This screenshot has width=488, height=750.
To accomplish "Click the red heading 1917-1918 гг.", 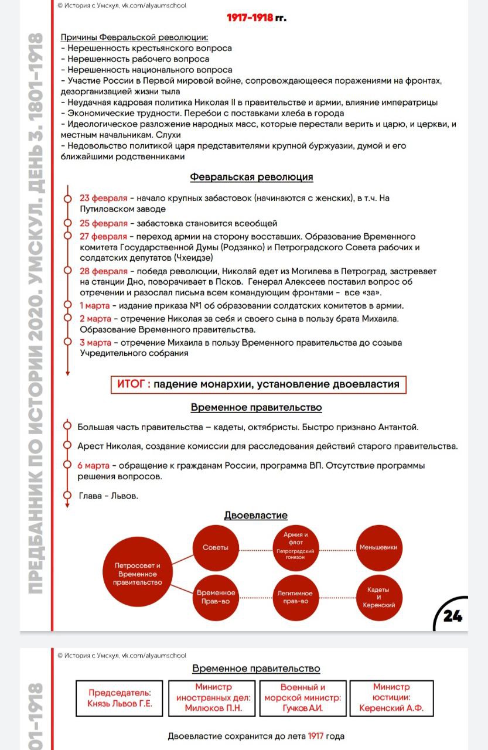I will [257, 18].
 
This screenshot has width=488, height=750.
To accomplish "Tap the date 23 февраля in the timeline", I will [103, 198].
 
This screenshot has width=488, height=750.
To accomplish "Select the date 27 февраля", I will [103, 237].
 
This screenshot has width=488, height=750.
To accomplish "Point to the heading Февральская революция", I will [251, 177].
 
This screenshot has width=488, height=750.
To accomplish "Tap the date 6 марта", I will [94, 466].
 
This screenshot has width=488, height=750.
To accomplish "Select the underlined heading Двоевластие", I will [256, 516].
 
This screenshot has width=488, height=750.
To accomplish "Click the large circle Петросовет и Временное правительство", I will [137, 574].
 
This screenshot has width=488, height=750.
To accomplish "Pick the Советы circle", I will [216, 548].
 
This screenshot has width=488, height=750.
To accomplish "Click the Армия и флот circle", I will [295, 546].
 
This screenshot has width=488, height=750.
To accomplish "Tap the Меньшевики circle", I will [378, 548].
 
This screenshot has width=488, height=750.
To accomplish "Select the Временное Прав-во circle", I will [216, 597].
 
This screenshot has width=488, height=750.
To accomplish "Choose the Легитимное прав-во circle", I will [295, 597].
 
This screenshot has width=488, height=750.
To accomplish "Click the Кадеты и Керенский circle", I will [378, 597].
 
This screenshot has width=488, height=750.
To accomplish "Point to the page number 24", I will [453, 616].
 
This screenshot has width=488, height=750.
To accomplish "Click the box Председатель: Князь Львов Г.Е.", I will [120, 698].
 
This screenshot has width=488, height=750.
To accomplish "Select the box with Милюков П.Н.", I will [213, 698].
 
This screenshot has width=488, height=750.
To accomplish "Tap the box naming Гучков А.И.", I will [302, 698].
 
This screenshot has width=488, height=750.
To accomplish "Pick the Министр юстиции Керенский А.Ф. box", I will [391, 698].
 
